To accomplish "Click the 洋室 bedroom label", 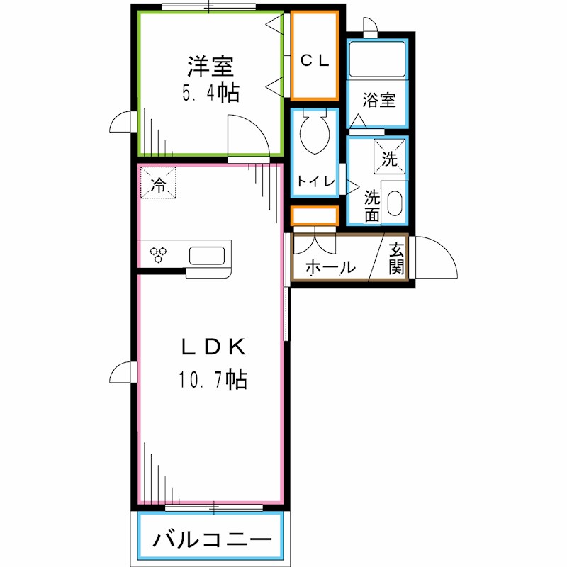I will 210,67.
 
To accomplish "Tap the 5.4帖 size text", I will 210,93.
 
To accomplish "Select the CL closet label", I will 315,61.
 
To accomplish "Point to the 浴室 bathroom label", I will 378,100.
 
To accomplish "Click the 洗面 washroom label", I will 372,206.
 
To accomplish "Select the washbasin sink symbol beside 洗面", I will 394,206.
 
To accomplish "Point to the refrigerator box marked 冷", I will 158,183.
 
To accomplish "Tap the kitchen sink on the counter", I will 207,254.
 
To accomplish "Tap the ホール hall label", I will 330,268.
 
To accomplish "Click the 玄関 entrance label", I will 397,259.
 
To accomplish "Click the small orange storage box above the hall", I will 315,216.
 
